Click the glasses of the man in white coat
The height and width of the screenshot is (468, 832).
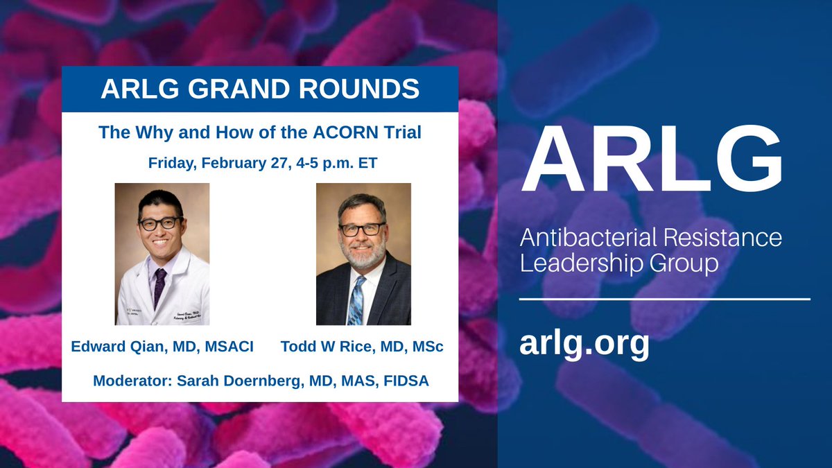click(x=160, y=223)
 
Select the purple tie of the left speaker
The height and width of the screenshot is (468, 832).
click(x=159, y=285)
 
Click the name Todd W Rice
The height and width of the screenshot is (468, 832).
click(x=315, y=347)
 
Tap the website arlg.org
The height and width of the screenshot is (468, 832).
click(x=584, y=342)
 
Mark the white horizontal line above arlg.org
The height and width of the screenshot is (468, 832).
click(x=664, y=299)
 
